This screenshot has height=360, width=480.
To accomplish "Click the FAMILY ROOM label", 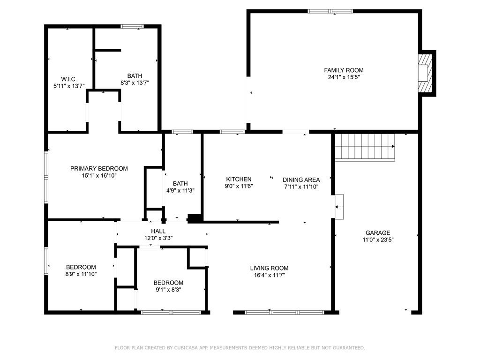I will pyautogui.click(x=344, y=70).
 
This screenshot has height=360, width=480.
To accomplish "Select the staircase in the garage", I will pyautogui.click(x=365, y=146).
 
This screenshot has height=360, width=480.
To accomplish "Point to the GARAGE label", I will pyautogui.click(x=378, y=233).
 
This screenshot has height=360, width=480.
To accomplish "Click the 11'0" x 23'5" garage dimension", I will pyautogui.click(x=378, y=240).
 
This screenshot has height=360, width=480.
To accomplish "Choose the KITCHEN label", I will pyautogui.click(x=239, y=180).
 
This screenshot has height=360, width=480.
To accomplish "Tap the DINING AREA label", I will pyautogui.click(x=301, y=180).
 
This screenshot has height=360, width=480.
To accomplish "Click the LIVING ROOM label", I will pyautogui.click(x=269, y=268).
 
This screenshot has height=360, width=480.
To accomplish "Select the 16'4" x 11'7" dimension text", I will pyautogui.click(x=269, y=275).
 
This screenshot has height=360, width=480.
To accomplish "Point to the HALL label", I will pyautogui.click(x=158, y=231).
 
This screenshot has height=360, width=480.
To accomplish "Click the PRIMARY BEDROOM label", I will pyautogui.click(x=99, y=169).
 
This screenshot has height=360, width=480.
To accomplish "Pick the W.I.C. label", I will pyautogui.click(x=68, y=79).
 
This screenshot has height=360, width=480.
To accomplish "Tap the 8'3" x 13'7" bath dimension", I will pyautogui.click(x=135, y=83).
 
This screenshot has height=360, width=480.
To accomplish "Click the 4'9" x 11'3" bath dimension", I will pyautogui.click(x=180, y=191).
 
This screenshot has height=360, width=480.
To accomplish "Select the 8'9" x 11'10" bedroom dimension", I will pyautogui.click(x=81, y=274).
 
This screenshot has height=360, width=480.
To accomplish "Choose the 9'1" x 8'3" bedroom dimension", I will pyautogui.click(x=168, y=290).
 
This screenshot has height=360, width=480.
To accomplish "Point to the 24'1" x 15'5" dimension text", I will pyautogui.click(x=344, y=77).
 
